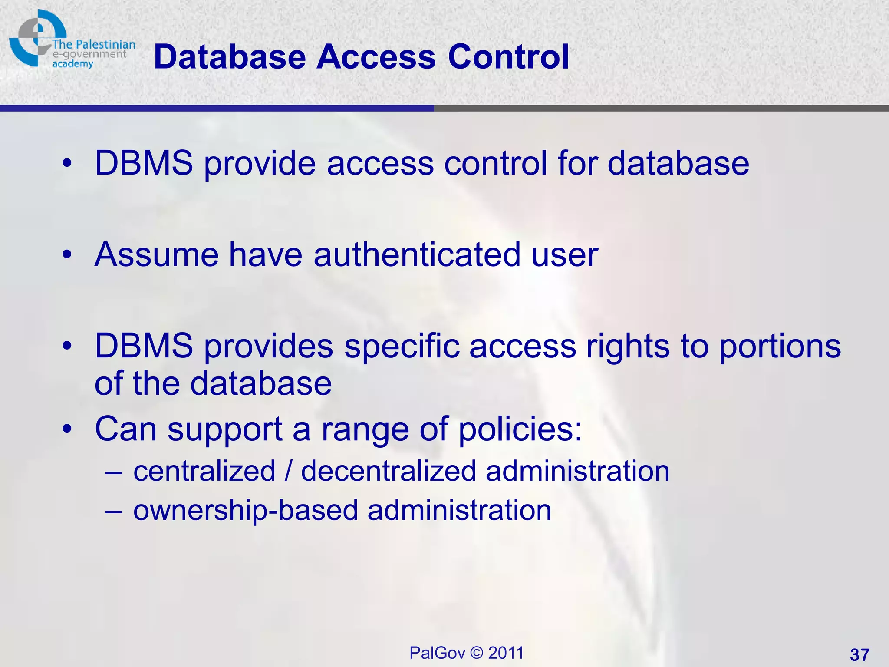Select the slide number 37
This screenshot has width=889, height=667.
(859, 654)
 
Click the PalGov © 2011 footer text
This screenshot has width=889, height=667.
(467, 653)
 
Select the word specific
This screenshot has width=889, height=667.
(402, 347)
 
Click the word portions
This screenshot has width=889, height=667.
(780, 347)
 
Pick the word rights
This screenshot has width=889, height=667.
(628, 347)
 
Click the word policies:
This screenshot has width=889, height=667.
(520, 430)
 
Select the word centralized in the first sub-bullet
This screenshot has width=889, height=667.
(204, 471)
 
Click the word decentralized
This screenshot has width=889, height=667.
(389, 471)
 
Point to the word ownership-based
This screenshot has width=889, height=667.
(245, 511)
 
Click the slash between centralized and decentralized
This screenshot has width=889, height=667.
(288, 471)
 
